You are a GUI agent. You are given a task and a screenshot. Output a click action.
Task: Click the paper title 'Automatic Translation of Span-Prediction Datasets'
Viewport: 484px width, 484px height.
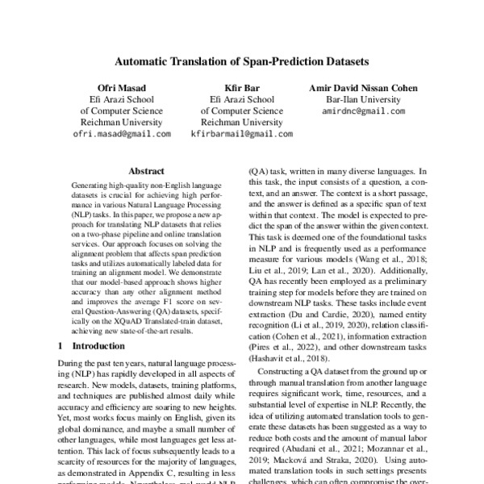coord(242,61)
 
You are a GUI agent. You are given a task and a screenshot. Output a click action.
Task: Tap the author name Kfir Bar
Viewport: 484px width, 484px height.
coord(241,88)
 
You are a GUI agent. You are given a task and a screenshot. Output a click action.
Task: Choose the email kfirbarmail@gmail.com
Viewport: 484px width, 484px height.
coord(241,134)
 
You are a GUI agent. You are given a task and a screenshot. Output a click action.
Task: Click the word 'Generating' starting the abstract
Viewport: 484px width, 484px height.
coord(94,186)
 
